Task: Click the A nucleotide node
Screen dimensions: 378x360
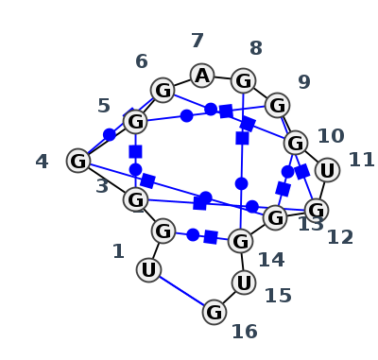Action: (x=202, y=76)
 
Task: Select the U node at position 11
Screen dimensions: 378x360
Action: (x=327, y=170)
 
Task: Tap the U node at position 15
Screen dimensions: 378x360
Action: (x=244, y=283)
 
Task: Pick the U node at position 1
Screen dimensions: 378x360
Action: (x=148, y=270)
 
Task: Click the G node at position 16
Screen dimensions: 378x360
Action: (x=215, y=312)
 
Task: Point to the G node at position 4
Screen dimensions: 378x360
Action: (x=78, y=161)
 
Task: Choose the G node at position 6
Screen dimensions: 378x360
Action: (x=163, y=90)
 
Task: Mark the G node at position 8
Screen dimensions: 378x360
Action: (x=243, y=81)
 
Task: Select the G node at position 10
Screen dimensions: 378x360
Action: (x=296, y=144)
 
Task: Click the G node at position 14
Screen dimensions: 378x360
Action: (x=240, y=241)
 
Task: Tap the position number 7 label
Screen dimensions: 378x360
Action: (x=198, y=41)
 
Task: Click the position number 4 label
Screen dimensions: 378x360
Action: (x=42, y=162)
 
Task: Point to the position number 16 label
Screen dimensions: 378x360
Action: (x=245, y=332)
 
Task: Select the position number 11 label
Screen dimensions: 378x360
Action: (x=362, y=160)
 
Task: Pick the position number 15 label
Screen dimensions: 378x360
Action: (x=278, y=296)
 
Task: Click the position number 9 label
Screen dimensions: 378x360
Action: (x=304, y=82)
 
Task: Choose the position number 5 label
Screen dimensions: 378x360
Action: (x=104, y=106)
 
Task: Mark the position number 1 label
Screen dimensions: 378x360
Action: (x=118, y=251)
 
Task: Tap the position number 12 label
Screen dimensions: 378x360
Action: (x=340, y=237)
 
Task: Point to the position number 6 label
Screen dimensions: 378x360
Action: (x=142, y=61)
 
